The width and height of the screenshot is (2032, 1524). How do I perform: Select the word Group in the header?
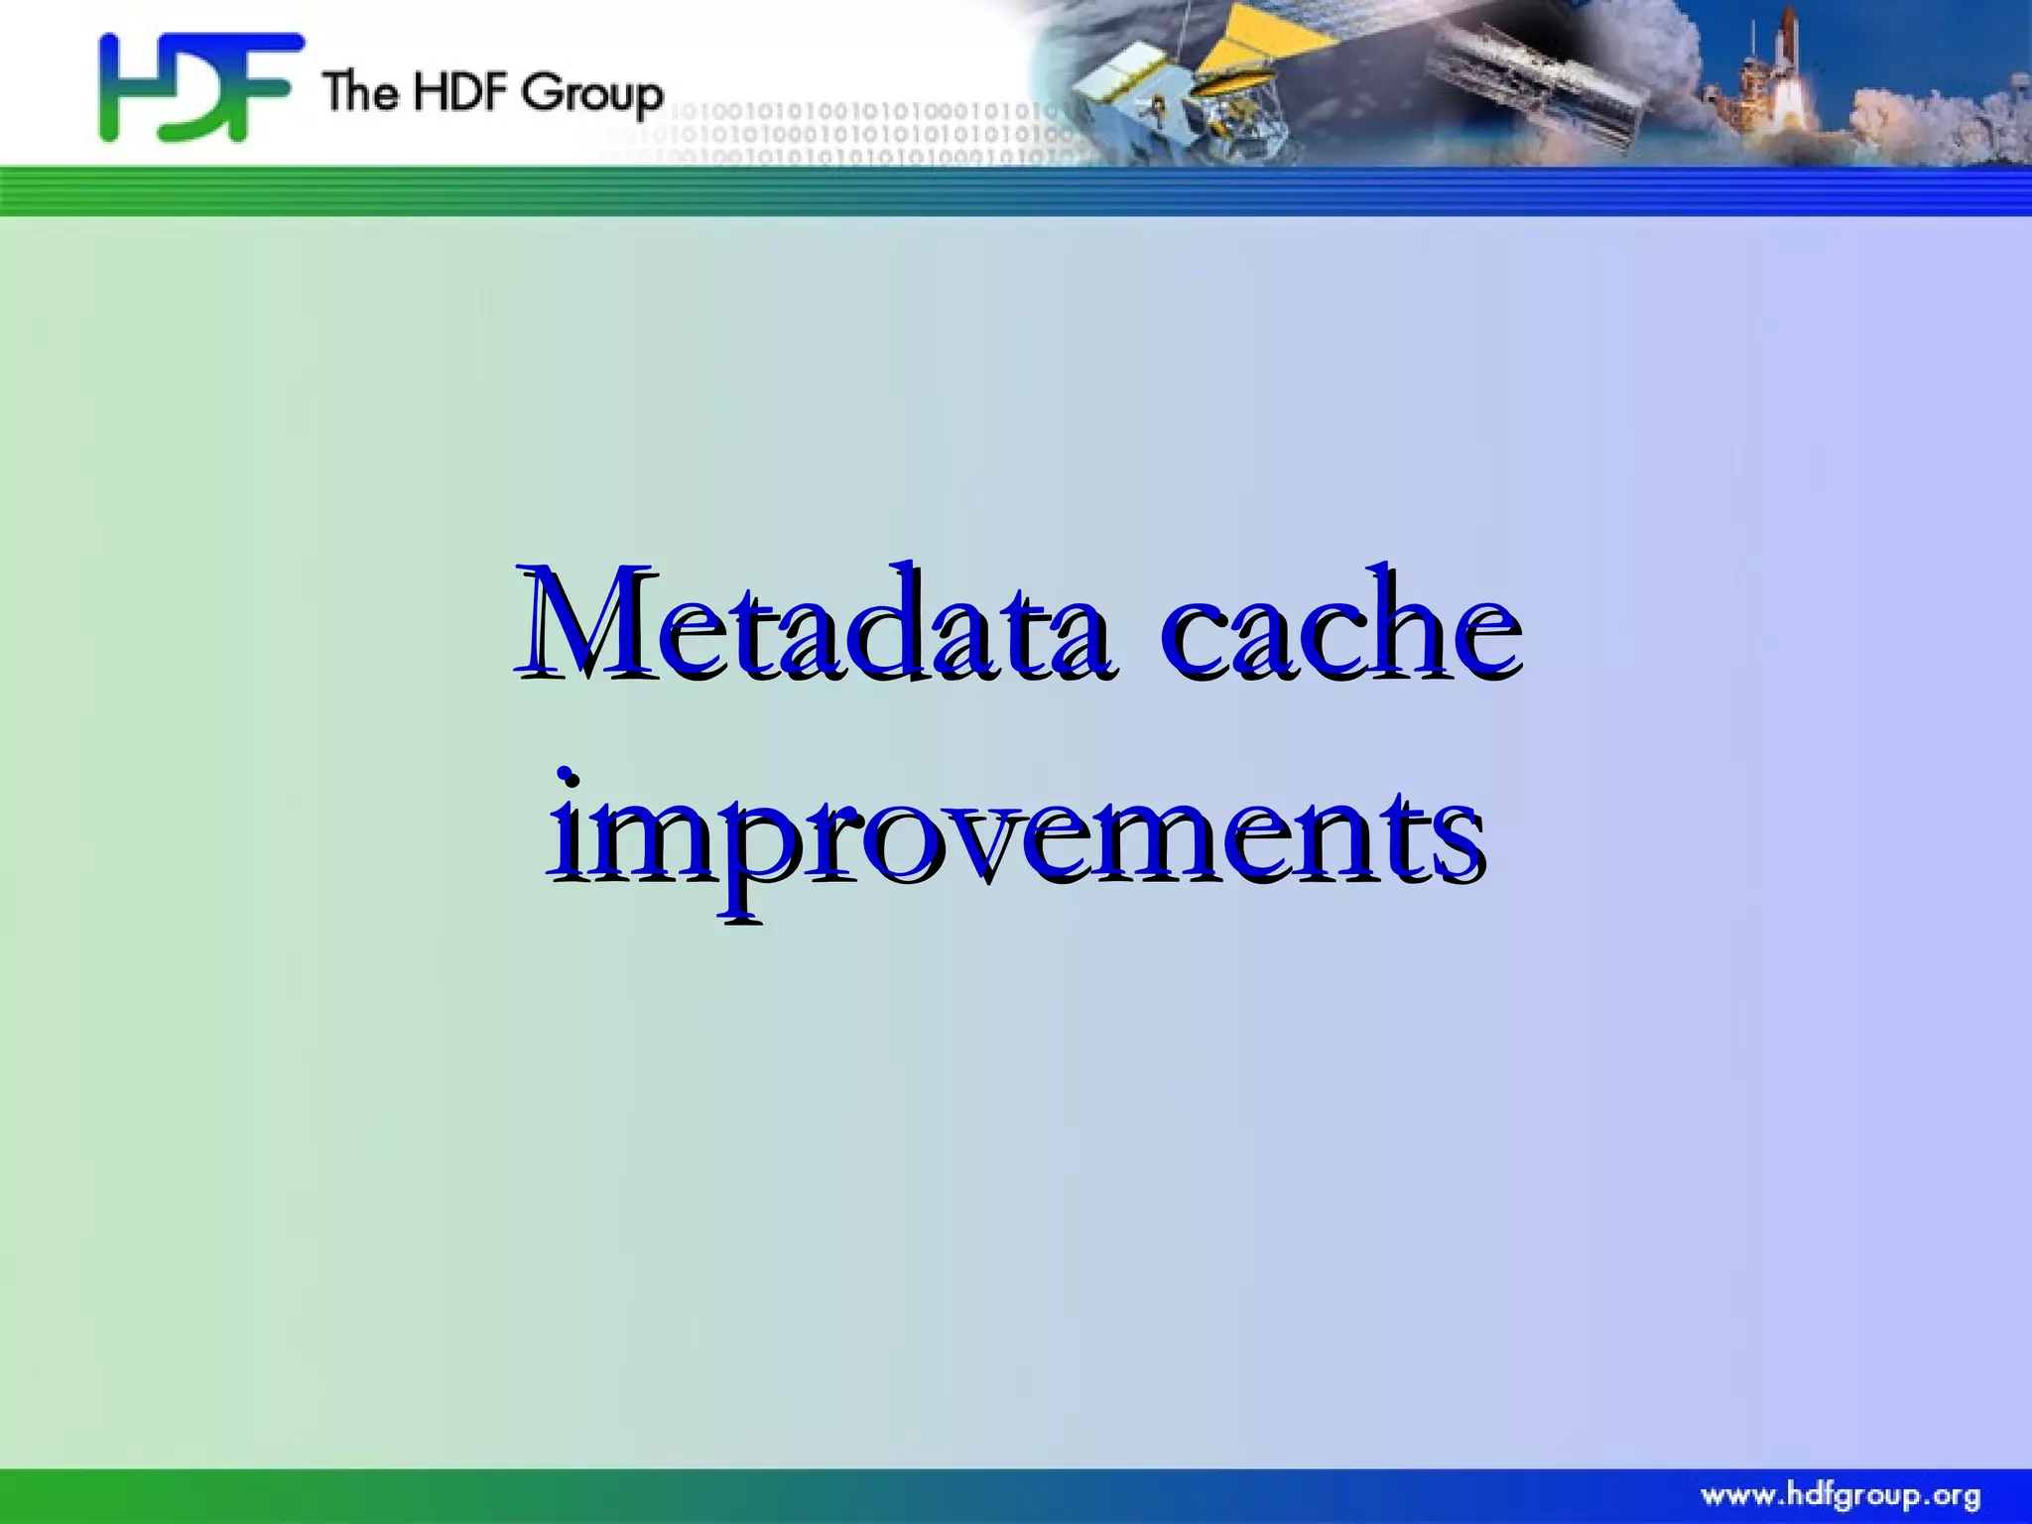[592, 94]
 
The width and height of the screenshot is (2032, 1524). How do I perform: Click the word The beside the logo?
[360, 91]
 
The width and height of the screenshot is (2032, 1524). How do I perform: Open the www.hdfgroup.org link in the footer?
[1841, 1495]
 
